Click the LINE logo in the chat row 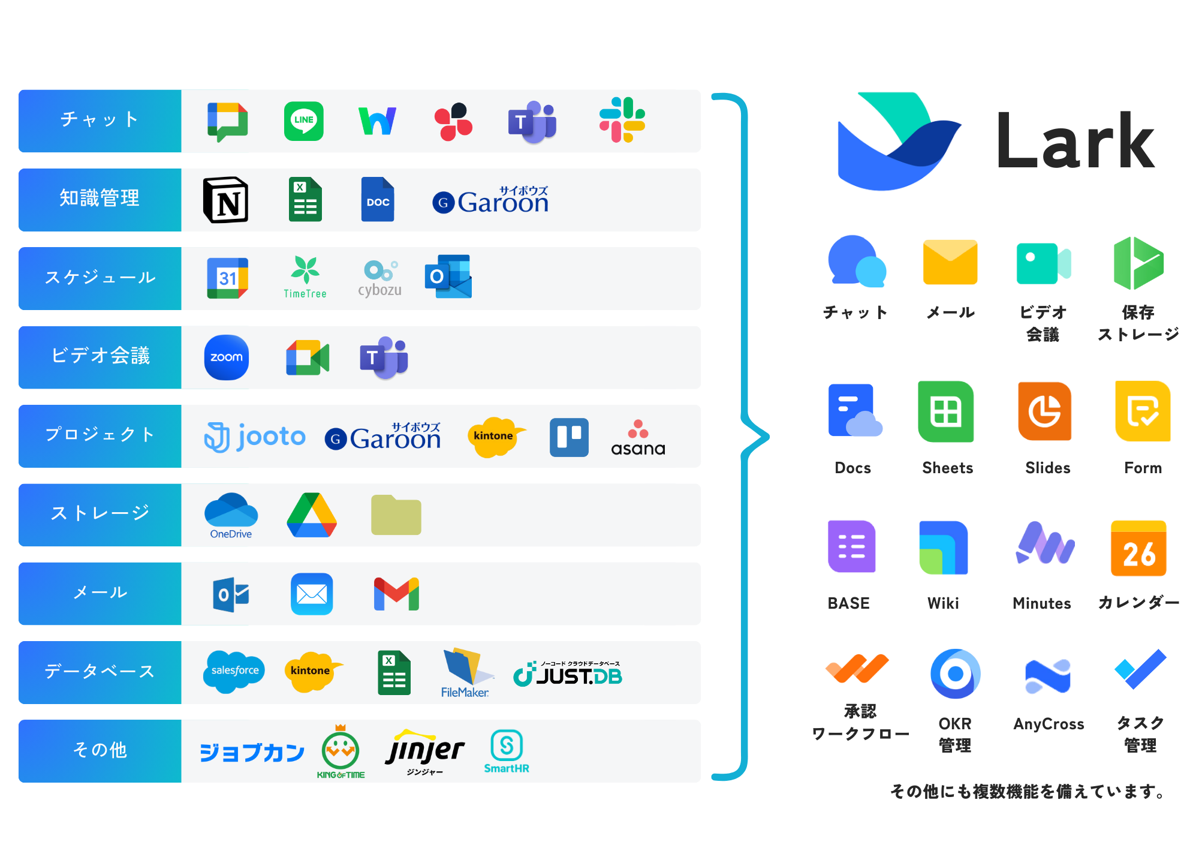click(x=303, y=121)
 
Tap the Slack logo click(x=622, y=120)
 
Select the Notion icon click(x=226, y=200)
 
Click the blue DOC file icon click(x=378, y=200)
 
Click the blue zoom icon click(x=226, y=357)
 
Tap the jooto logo click(x=255, y=436)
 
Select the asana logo click(x=638, y=438)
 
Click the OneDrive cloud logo click(x=231, y=515)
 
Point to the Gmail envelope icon click(x=396, y=594)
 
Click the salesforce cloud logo click(x=234, y=671)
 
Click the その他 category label click(x=100, y=750)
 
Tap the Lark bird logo click(x=897, y=142)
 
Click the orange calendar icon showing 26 click(x=1138, y=547)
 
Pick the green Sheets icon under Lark click(x=947, y=413)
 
